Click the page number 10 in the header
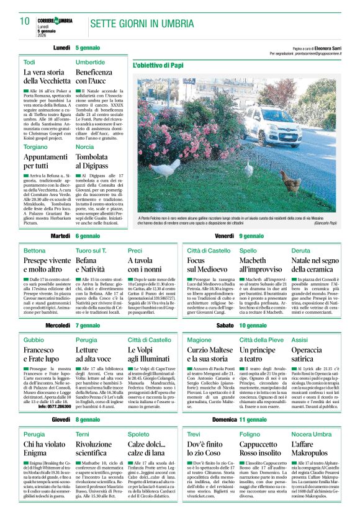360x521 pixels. click(25, 20)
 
